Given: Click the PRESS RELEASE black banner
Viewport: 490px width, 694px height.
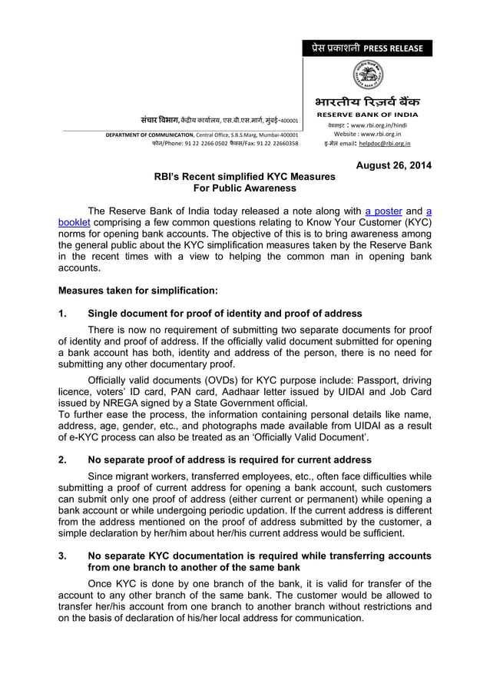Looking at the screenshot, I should click(367, 48).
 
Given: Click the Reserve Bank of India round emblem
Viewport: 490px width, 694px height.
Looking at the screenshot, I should click(367, 75).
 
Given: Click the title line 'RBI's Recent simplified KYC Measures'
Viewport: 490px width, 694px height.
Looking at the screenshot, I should click(244, 177).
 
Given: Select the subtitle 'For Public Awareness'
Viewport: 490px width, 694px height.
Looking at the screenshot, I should click(244, 188).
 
